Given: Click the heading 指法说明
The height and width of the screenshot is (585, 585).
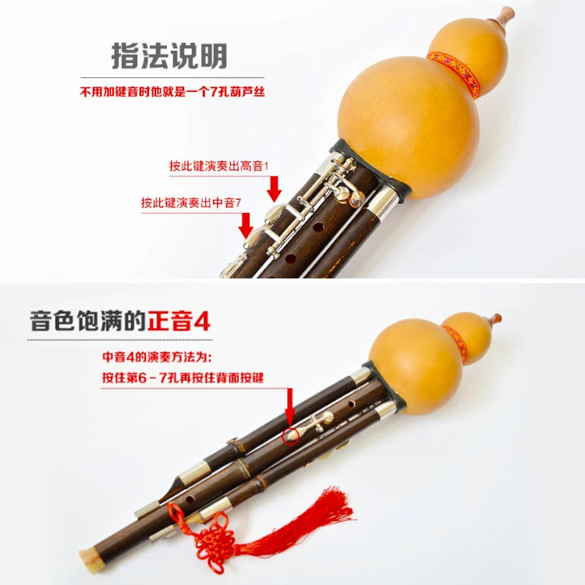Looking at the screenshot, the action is pyautogui.click(x=169, y=56).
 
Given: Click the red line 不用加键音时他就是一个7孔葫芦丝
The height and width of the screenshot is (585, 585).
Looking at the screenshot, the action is pyautogui.click(x=172, y=91).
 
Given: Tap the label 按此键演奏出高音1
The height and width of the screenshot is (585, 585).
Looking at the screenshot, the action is pyautogui.click(x=218, y=165).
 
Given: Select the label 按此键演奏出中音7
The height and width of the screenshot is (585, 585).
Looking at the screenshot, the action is pyautogui.click(x=191, y=203).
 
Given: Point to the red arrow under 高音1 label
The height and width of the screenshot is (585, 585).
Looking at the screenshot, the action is pyautogui.click(x=275, y=189).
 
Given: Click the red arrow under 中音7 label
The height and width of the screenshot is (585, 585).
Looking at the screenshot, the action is pyautogui.click(x=246, y=225).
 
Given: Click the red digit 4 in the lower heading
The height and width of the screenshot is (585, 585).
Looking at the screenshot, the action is pyautogui.click(x=202, y=321).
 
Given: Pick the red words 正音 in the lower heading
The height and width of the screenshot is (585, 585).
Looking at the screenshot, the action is pyautogui.click(x=170, y=321).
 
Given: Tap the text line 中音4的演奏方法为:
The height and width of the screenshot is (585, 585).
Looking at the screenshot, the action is pyautogui.click(x=157, y=357).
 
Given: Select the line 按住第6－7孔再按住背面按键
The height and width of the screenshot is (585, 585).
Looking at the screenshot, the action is pyautogui.click(x=183, y=378).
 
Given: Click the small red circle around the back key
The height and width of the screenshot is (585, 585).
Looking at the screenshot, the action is pyautogui.click(x=291, y=435).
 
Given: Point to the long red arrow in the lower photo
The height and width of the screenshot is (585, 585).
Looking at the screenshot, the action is pyautogui.click(x=290, y=407).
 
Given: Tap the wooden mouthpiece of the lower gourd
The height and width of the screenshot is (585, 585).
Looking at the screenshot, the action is pyautogui.click(x=495, y=320).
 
